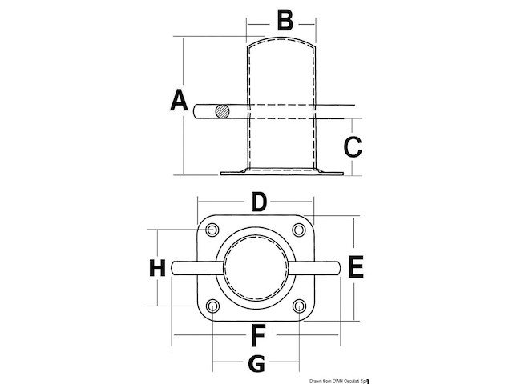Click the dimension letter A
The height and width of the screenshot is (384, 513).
pyautogui.click(x=179, y=102)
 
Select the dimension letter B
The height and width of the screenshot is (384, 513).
pyautogui.click(x=285, y=20)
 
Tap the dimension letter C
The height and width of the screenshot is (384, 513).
pyautogui.click(x=353, y=146)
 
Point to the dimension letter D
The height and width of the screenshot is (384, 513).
pyautogui.click(x=258, y=202)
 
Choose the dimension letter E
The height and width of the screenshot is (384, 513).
pyautogui.click(x=357, y=267)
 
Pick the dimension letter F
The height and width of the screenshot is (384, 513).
pyautogui.click(x=258, y=333)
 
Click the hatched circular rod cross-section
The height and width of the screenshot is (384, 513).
pyautogui.click(x=224, y=111)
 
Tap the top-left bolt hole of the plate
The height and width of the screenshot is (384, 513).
pyautogui.click(x=212, y=230)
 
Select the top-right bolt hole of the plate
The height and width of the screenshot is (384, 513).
pyautogui.click(x=299, y=230)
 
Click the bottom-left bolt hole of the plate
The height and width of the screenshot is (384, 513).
pyautogui.click(x=212, y=306)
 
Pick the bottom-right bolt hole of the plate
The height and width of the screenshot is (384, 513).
pyautogui.click(x=299, y=306)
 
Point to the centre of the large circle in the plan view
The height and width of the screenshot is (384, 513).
pyautogui.click(x=256, y=268)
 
